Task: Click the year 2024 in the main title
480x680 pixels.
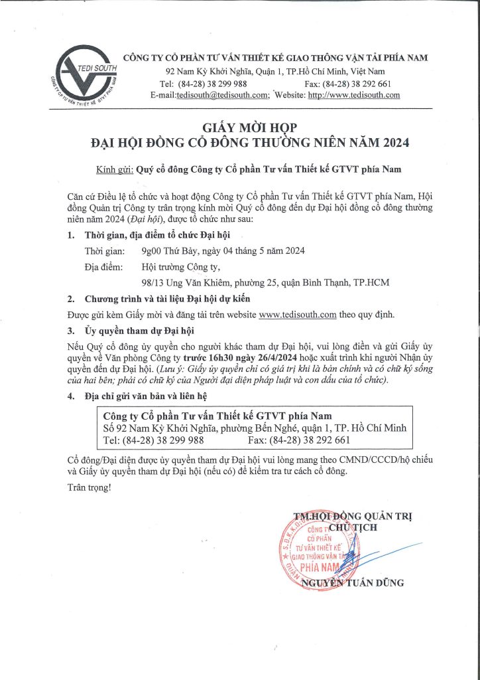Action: [x=392, y=143]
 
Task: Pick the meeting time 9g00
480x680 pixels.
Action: [x=153, y=251]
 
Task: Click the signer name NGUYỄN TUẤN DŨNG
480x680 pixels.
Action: [x=352, y=583]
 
